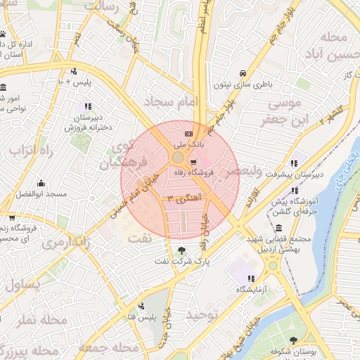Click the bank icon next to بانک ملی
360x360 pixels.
(x=188, y=134)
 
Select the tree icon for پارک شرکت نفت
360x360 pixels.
(x=183, y=250)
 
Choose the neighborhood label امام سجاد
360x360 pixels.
(x=168, y=103)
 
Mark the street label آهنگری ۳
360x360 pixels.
(x=181, y=199)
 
